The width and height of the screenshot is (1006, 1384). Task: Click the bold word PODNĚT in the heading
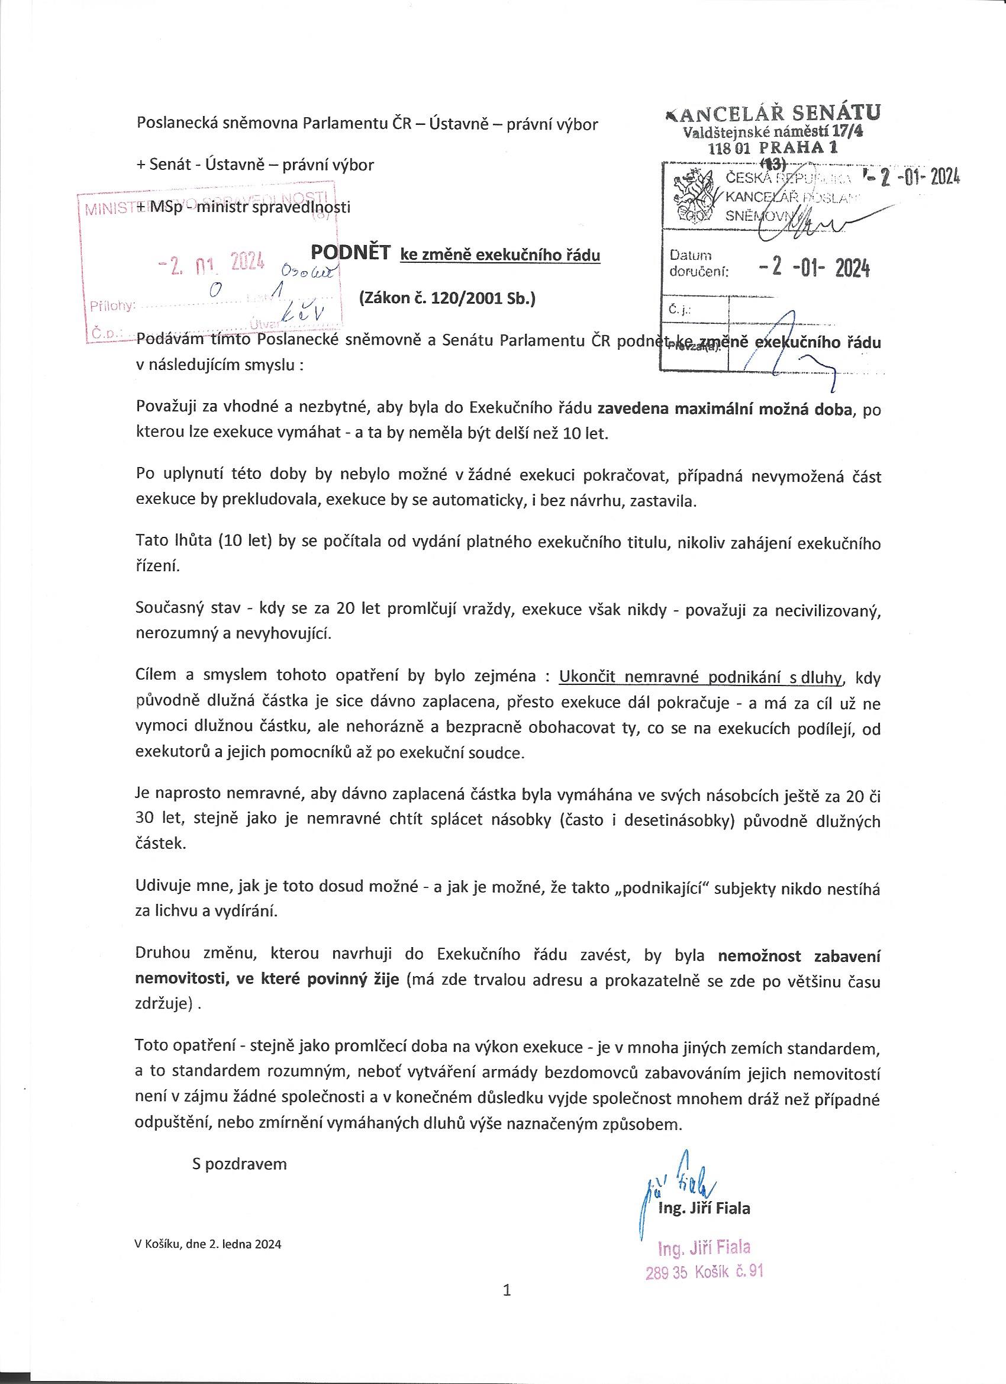350,252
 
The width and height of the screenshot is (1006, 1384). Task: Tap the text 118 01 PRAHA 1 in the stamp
773,147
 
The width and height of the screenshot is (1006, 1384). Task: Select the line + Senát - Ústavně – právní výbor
255,165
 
